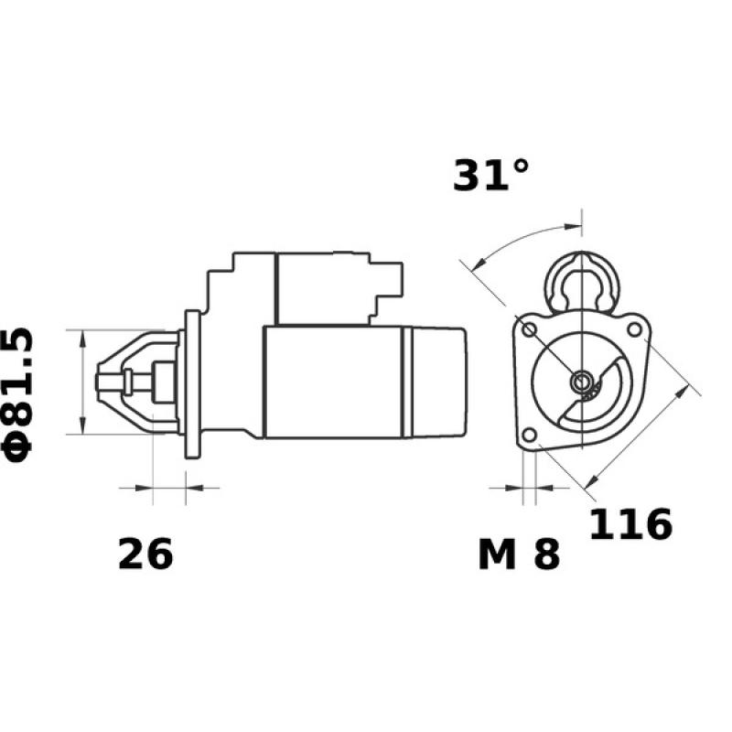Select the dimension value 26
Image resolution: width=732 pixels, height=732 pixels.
[x=145, y=554]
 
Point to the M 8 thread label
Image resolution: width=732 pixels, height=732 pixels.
[x=518, y=554]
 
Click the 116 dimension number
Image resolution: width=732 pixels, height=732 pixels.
[x=630, y=524]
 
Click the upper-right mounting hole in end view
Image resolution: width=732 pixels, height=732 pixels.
[x=633, y=326]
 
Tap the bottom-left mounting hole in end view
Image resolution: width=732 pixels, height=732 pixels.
[x=528, y=436]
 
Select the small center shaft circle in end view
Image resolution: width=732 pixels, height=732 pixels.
[x=580, y=382]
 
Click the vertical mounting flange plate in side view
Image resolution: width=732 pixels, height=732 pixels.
[x=192, y=383]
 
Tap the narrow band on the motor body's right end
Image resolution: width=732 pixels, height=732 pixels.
[x=408, y=382]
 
